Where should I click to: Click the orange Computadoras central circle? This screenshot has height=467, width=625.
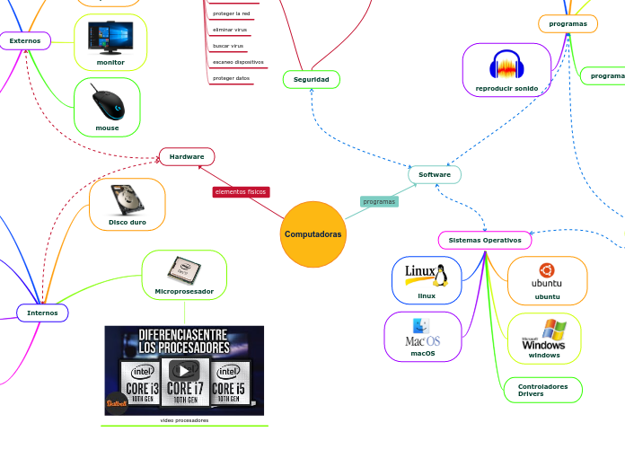click(312, 234)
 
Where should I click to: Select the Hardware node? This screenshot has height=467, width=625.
click(187, 157)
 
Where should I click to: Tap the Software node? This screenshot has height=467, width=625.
click(435, 174)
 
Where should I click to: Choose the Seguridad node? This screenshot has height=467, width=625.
click(312, 80)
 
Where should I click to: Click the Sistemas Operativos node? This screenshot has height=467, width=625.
click(485, 241)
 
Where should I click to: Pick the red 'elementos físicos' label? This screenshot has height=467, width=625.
click(242, 192)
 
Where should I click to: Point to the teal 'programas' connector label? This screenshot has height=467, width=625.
click(379, 201)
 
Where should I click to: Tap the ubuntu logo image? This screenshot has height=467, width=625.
click(547, 274)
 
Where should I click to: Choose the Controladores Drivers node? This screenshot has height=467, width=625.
click(542, 390)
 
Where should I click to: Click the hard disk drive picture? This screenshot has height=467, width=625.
click(127, 199)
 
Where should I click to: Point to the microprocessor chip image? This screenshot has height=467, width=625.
click(184, 269)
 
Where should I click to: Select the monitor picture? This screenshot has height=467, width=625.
click(110, 37)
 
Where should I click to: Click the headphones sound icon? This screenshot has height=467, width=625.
click(506, 66)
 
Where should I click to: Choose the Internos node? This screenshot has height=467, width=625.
click(42, 313)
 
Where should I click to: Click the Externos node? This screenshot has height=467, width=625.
click(24, 40)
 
